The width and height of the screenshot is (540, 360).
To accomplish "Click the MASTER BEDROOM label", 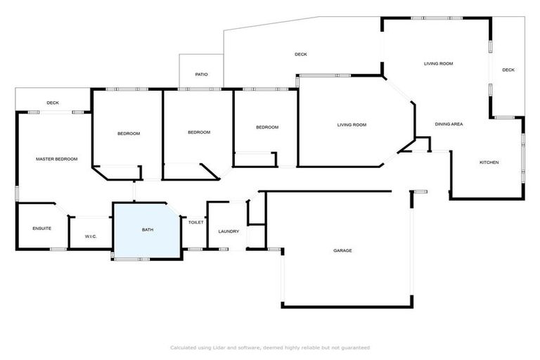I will point(56,159).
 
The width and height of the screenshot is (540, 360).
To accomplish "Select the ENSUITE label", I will point(41,229).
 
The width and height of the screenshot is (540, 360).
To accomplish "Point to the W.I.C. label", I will point(91,236).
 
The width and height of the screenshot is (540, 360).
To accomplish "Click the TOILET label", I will point(195,222).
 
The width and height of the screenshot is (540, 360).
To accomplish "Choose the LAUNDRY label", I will point(229,231).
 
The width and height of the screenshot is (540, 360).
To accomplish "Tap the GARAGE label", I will point(342,250).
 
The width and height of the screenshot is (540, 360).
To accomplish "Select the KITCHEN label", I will point(489,162).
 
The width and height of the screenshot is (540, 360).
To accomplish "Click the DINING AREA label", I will point(449,124).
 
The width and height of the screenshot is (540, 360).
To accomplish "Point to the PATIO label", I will point(201,74).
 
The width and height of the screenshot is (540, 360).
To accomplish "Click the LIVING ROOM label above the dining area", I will point(438,63).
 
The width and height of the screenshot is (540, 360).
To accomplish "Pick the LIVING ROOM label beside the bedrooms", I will point(352,124).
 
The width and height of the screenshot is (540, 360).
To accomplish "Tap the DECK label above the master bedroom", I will point(53,103).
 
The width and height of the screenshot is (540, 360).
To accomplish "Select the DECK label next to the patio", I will point(300,54).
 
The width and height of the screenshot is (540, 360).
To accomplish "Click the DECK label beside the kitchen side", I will point(508,70).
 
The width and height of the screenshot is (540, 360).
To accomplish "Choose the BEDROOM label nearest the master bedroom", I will point(128,134).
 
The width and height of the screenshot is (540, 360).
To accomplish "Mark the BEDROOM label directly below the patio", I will point(199,132).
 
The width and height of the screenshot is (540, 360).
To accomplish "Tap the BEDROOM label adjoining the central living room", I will point(266,127).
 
